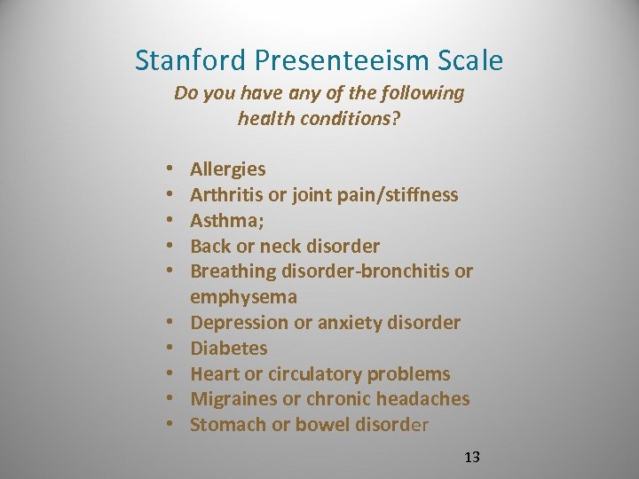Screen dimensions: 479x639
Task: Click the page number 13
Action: pos(471,458)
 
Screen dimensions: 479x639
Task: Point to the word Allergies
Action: pos(227,169)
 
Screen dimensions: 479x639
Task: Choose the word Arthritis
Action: pos(226,195)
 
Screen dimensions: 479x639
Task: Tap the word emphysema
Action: pos(243,297)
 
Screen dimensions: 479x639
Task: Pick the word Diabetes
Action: pos(228,349)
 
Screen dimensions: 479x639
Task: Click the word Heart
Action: pos(214,374)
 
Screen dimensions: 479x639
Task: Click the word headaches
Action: pos(422,399)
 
